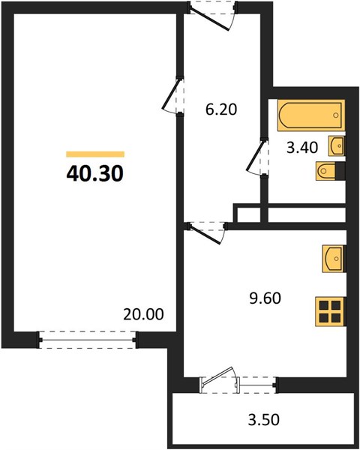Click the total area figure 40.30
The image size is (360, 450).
click(95, 173)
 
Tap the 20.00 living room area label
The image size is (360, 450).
click(143, 314)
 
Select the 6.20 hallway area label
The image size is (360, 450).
click(221, 109)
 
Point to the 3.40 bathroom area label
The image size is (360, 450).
click(302, 148)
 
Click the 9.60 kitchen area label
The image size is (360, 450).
click(265, 298)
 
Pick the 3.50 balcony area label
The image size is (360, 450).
click(264, 419)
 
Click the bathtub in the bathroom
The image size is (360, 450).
click(311, 115)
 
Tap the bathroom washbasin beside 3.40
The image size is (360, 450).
click(337, 145)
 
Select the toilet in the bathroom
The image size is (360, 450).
click(326, 171)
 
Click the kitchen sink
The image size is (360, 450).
click(333, 259)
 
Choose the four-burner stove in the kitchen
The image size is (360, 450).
click(330, 312)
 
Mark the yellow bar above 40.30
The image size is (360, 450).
click(95, 154)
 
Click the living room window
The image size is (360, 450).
click(88, 340)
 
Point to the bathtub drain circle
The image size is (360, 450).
click(336, 115)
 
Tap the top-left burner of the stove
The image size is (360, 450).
click(324, 306)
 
